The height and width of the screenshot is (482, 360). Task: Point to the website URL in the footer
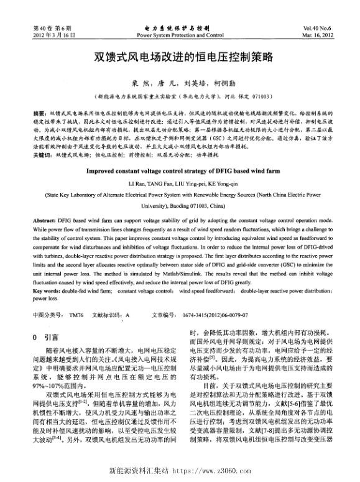pos(180,471)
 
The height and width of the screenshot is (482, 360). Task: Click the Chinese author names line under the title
pos(180,84)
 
